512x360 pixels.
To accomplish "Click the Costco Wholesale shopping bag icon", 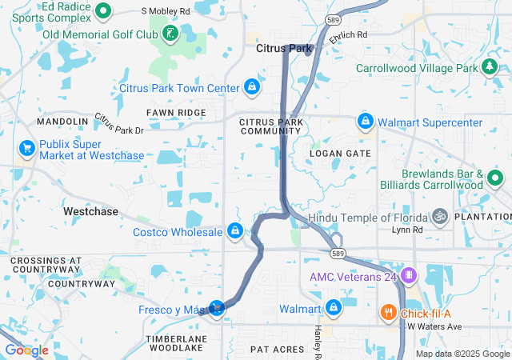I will click(234, 230).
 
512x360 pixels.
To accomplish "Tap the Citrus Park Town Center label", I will click(179, 87).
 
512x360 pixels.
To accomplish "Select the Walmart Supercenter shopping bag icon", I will click(365, 121).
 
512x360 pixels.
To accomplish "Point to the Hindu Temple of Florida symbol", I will click(438, 216).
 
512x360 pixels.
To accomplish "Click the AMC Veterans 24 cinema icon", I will click(409, 276).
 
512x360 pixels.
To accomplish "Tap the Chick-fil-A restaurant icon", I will click(388, 312).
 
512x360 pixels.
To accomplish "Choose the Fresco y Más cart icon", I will click(216, 307).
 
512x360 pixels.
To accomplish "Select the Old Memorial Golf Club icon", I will click(170, 33).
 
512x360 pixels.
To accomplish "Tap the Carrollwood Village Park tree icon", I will click(489, 67).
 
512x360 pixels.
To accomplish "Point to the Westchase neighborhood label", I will click(90, 212).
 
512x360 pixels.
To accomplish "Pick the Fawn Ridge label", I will click(176, 113).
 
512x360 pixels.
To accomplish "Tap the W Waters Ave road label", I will click(434, 326).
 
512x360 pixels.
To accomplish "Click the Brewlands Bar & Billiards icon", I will click(494, 178).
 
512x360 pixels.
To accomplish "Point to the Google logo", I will click(26, 350).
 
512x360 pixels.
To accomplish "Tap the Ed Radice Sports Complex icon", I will click(103, 10).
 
